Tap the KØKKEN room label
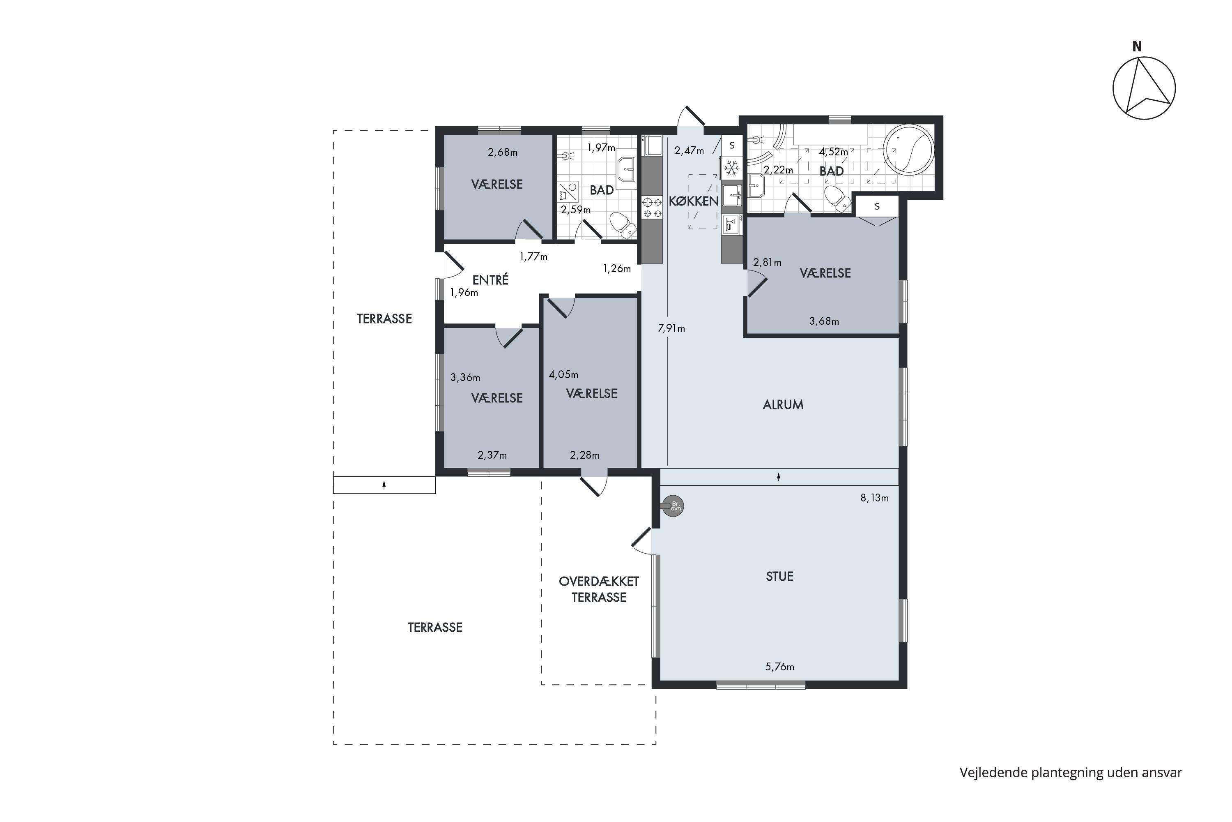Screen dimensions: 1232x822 pos(694,201)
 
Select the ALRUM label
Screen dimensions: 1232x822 pos(783,405)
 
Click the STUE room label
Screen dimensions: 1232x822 pos(779,577)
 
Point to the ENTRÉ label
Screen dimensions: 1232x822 pos(490,280)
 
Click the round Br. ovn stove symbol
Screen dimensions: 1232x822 pos(673,506)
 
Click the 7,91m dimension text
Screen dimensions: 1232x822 pos(671,329)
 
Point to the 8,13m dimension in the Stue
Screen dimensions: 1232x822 pos(874,498)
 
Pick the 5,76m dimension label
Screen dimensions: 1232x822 pos(780,667)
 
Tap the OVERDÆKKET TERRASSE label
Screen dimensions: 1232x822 pos(599,589)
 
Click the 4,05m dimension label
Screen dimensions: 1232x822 pos(563,375)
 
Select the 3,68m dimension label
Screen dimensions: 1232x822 pos(824,321)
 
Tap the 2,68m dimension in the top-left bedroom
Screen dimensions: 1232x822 pos(502,152)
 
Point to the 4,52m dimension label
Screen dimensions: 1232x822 pos(833,152)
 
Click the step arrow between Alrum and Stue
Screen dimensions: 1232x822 pos(779,476)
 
